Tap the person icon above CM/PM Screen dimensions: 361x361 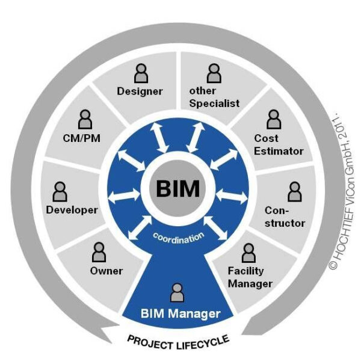[x=85, y=119]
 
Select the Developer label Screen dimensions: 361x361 [x=72, y=210]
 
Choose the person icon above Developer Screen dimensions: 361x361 [x=60, y=191]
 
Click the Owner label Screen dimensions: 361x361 [x=106, y=271]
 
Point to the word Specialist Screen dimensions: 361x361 [x=214, y=103]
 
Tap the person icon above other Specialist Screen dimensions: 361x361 [x=214, y=73]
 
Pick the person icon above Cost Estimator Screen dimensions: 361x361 [x=274, y=119]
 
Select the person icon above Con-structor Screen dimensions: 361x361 [x=294, y=191]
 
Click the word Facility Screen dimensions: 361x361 [x=246, y=271]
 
